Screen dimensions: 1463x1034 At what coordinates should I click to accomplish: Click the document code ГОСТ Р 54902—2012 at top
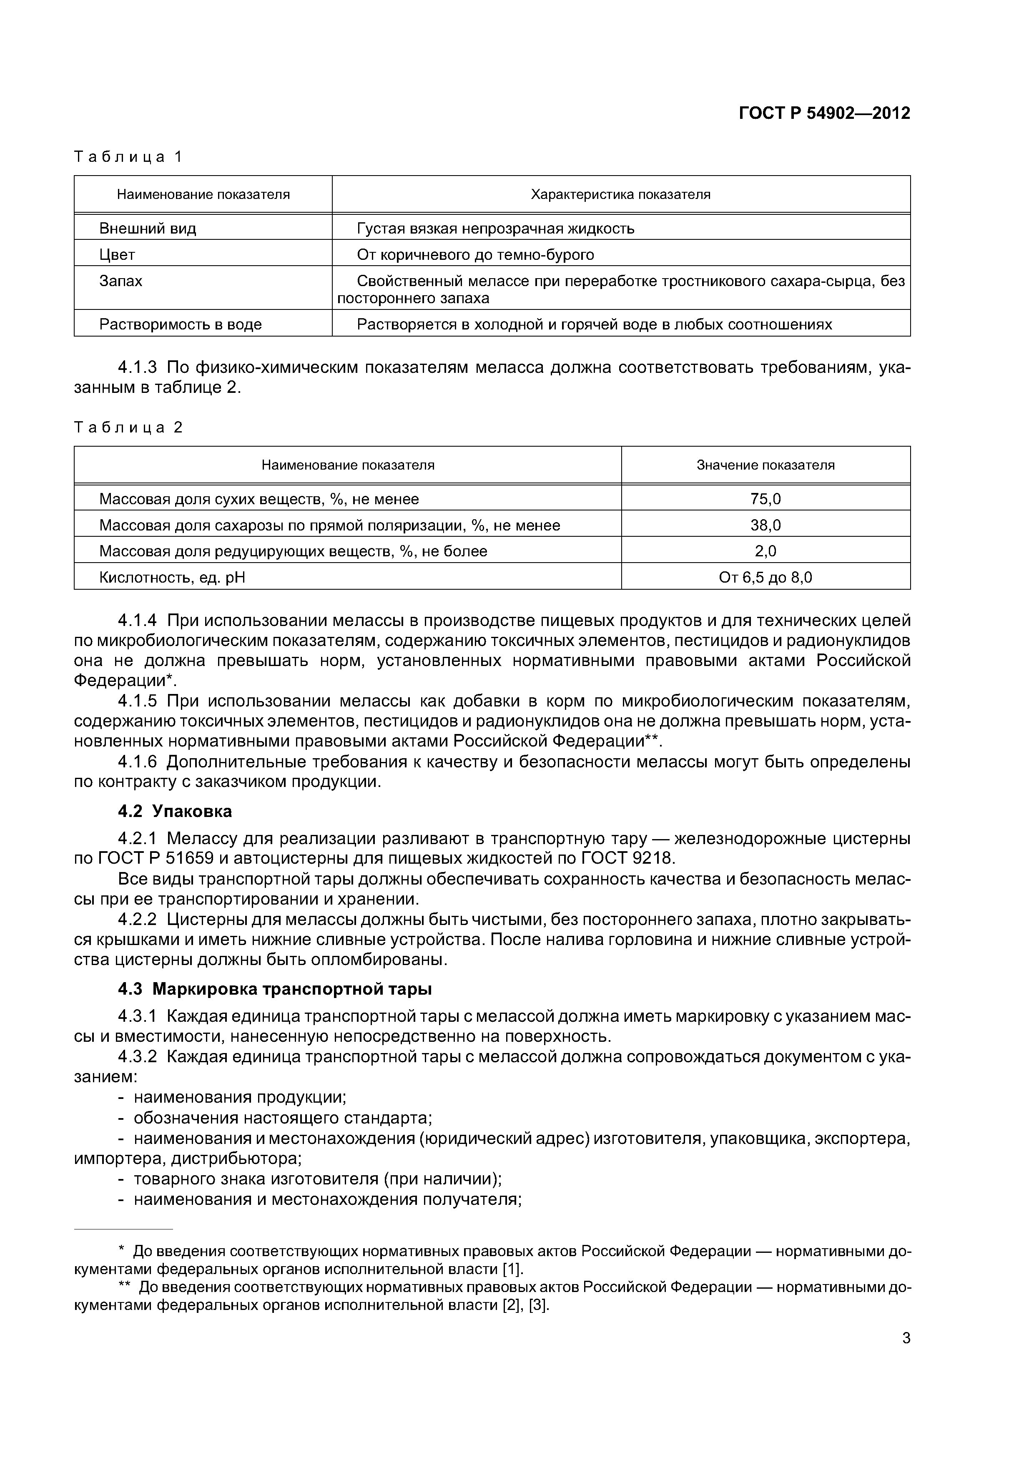pyautogui.click(x=824, y=113)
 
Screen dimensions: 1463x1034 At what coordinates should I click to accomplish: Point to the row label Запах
pyautogui.click(x=121, y=281)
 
